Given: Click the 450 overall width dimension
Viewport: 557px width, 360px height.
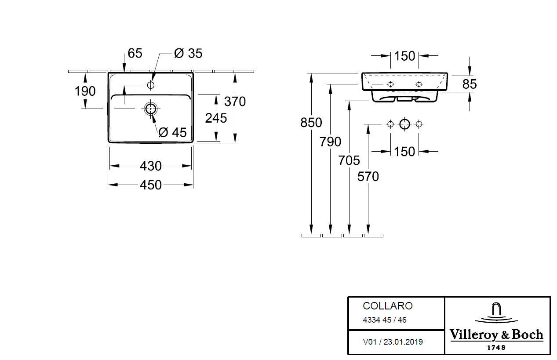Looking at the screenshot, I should pyautogui.click(x=151, y=185).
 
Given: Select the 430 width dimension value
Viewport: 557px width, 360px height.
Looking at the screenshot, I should pyautogui.click(x=151, y=166).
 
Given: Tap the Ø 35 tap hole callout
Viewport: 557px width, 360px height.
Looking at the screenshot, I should pyautogui.click(x=188, y=53).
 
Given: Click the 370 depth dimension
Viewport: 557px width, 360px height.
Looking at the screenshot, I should pyautogui.click(x=235, y=102).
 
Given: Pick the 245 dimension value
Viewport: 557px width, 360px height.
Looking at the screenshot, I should pyautogui.click(x=216, y=118).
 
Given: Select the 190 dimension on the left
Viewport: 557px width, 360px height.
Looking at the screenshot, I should pyautogui.click(x=85, y=91).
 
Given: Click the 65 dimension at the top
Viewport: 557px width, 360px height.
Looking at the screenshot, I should pyautogui.click(x=135, y=53).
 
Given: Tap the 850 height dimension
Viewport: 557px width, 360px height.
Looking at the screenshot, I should pyautogui.click(x=311, y=123).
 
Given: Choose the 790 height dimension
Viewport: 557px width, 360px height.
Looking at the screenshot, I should pyautogui.click(x=331, y=142).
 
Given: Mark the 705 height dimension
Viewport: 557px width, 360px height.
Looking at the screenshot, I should pyautogui.click(x=349, y=160).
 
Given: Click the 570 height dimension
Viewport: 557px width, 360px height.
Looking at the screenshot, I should pyautogui.click(x=368, y=176).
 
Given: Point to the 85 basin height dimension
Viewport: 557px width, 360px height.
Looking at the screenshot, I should pyautogui.click(x=470, y=84).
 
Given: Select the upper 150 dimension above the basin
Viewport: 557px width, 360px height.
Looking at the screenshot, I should pyautogui.click(x=404, y=56).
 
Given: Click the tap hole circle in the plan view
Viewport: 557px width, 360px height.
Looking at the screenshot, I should pyautogui.click(x=151, y=84).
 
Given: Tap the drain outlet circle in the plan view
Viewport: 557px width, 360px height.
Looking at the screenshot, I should pyautogui.click(x=151, y=109).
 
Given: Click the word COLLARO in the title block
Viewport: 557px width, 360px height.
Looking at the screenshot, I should pyautogui.click(x=387, y=306).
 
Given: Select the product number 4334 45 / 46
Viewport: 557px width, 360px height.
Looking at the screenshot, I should pyautogui.click(x=385, y=320).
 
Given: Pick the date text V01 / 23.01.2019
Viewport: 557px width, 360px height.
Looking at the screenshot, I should pyautogui.click(x=393, y=342).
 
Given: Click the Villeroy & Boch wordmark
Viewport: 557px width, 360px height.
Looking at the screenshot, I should pyautogui.click(x=496, y=335).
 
